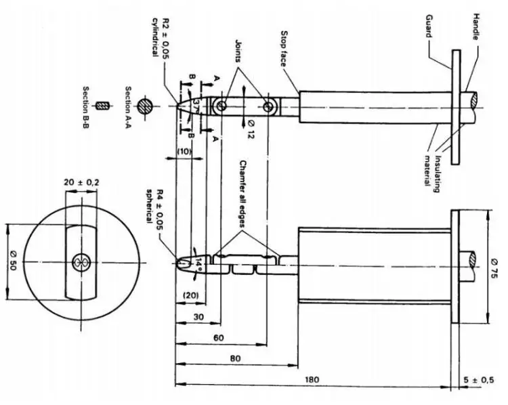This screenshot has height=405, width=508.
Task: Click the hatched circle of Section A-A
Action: [x=144, y=106]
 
